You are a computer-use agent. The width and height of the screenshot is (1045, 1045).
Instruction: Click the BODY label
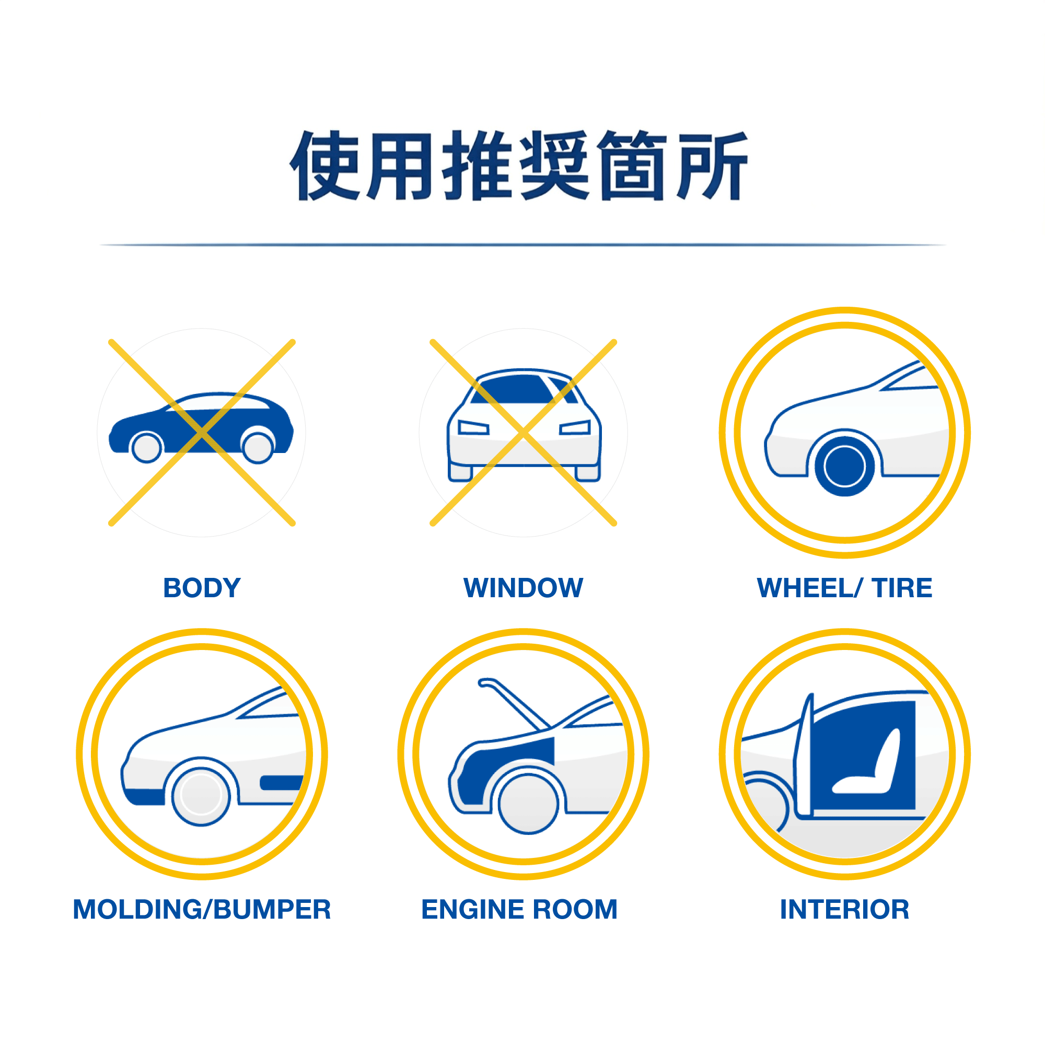click(202, 588)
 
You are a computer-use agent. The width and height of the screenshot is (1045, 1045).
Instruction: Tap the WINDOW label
click(523, 588)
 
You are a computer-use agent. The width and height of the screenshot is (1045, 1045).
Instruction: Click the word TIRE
click(902, 588)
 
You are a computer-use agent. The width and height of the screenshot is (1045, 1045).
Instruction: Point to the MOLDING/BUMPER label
click(202, 909)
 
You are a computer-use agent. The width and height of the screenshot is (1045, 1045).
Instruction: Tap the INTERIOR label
click(844, 909)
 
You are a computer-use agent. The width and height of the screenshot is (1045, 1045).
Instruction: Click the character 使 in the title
click(325, 166)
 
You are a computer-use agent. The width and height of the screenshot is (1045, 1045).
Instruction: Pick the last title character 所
click(713, 166)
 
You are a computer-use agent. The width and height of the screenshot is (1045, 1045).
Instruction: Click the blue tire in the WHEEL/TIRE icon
click(844, 466)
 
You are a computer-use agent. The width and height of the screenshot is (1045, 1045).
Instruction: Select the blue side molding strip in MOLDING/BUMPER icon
click(281, 783)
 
